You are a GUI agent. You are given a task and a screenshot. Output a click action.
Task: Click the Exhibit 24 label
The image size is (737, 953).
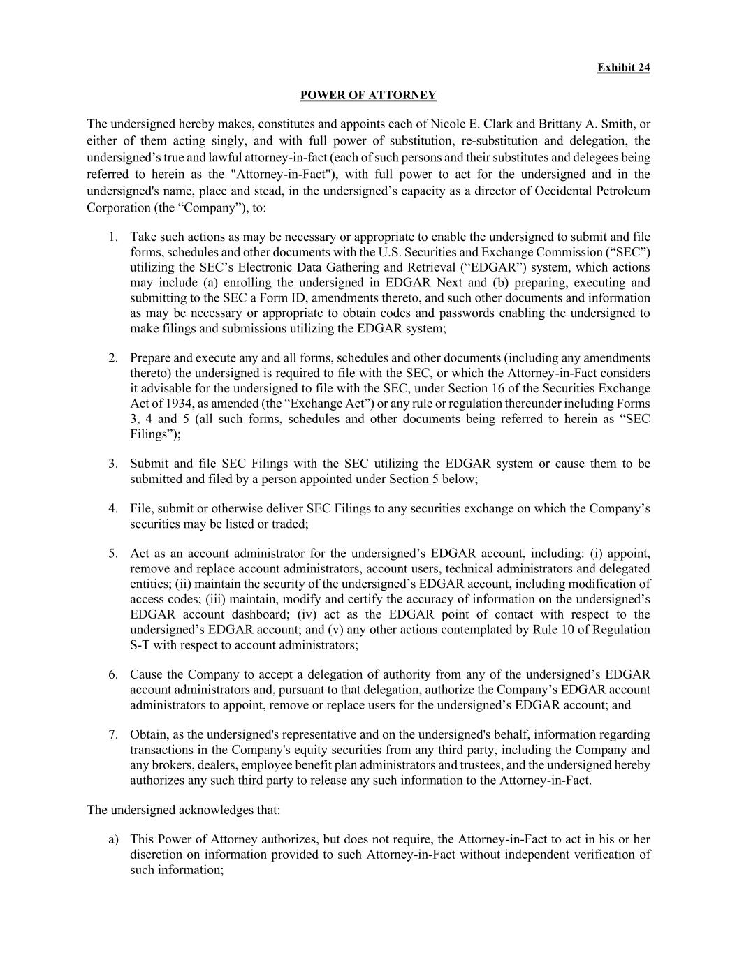coord(623,67)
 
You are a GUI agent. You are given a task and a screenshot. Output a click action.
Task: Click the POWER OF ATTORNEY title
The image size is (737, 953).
coord(368,95)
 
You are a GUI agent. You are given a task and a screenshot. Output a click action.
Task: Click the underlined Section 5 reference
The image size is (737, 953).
coord(414,479)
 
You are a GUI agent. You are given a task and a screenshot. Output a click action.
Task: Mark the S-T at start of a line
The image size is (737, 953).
coord(140,645)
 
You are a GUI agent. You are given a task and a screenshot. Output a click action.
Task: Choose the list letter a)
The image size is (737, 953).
coord(113,839)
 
